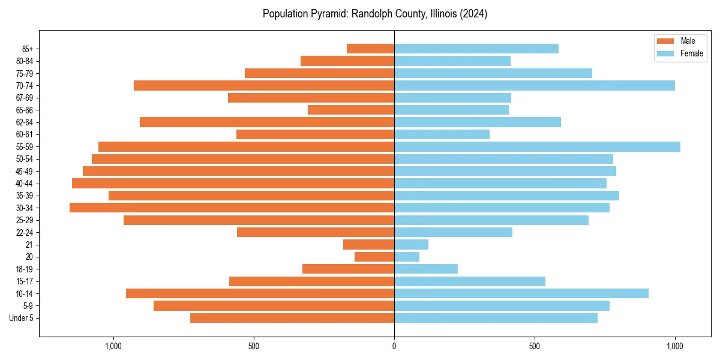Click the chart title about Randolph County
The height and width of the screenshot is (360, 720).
click(374, 14)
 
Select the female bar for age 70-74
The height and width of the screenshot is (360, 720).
click(535, 85)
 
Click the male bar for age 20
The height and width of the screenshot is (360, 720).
click(374, 257)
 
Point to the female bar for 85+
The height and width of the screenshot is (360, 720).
click(476, 49)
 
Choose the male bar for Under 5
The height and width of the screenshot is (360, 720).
click(292, 318)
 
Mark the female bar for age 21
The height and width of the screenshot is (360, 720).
click(411, 244)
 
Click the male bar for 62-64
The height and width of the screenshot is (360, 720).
click(267, 122)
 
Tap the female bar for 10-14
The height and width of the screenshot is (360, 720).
click(521, 293)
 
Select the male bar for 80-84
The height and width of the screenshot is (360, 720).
click(347, 61)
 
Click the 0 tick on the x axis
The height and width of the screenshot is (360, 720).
click(394, 346)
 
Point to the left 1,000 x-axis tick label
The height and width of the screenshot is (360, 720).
click(113, 346)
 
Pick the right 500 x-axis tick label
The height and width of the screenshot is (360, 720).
click(535, 346)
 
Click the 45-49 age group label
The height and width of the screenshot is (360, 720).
click(24, 171)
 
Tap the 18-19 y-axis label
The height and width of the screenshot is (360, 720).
click(24, 269)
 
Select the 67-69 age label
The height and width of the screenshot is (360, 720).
click(24, 98)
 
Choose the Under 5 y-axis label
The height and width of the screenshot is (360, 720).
click(22, 318)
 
